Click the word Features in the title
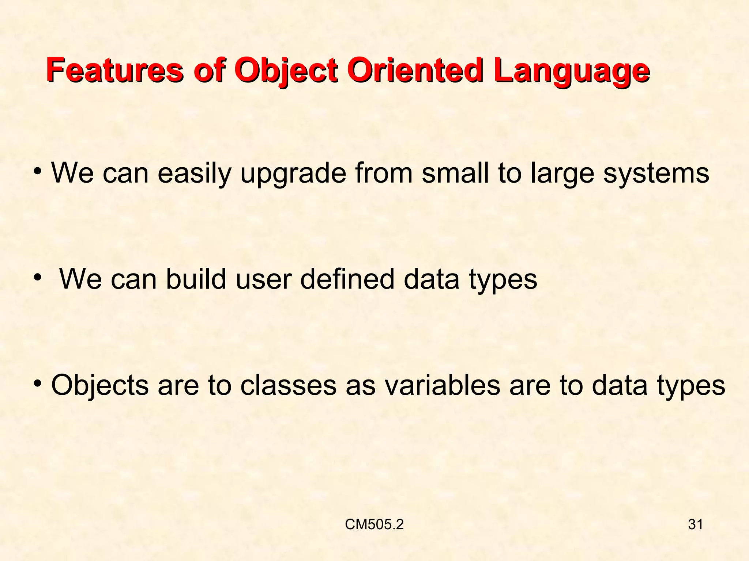114,70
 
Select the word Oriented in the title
414,70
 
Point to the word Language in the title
571,70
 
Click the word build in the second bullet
196,279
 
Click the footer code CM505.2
374,525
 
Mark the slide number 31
695,525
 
